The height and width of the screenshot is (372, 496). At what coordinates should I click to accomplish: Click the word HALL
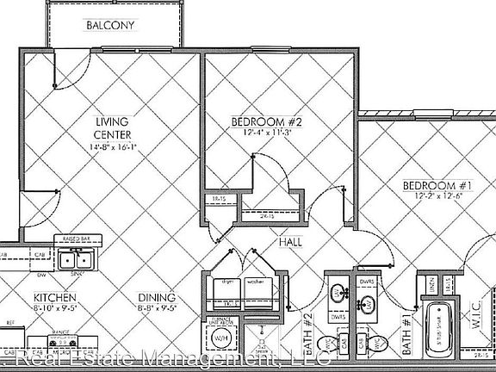pyautogui.click(x=289, y=243)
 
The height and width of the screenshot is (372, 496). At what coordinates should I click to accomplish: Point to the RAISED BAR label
pyautogui.click(x=71, y=239)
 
